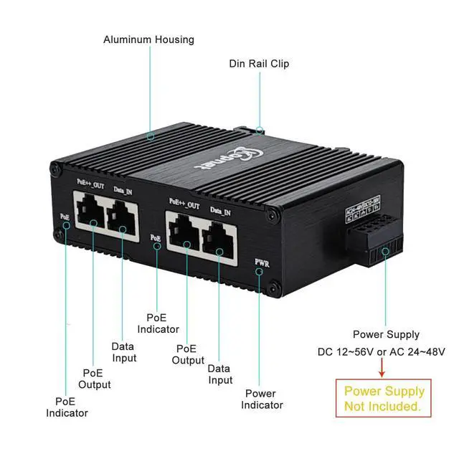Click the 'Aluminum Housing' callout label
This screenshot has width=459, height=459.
tap(148, 39)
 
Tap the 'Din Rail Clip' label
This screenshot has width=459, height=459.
tap(259, 64)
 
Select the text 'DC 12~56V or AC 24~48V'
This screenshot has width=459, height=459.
tap(382, 351)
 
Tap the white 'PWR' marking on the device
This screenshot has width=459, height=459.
tap(262, 263)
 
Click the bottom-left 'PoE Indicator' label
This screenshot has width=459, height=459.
tap(67, 407)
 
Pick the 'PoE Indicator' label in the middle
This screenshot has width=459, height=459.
tap(162, 323)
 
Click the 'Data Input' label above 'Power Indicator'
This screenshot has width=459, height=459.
tap(219, 374)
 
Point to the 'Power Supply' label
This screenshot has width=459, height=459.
tap(386, 334)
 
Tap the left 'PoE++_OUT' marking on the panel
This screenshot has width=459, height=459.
tap(90, 184)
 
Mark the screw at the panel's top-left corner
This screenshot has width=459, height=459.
tap(55, 170)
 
